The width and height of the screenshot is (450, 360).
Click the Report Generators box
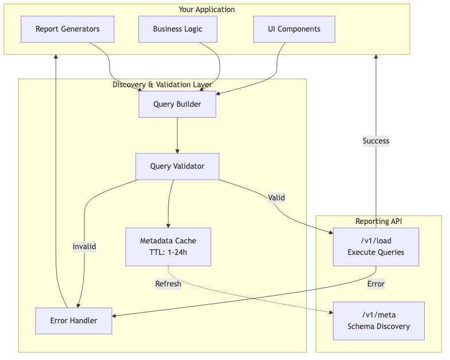pos(67,29)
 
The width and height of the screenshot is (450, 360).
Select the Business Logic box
pos(177,29)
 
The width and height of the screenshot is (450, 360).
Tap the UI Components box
pos(294,29)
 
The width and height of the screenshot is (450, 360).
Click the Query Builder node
pos(177,104)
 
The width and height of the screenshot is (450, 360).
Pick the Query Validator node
pos(177,167)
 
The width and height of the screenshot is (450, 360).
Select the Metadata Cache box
pos(168,246)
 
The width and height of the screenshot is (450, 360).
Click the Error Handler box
pos(73,320)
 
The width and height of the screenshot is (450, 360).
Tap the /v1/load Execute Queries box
pos(376,246)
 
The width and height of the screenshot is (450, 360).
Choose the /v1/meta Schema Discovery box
pos(378,320)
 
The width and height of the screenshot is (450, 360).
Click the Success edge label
pos(376,141)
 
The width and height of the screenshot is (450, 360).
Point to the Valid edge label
pos(276,198)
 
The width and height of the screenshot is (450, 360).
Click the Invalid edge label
pos(84,246)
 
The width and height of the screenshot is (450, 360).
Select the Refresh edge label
pos(168,284)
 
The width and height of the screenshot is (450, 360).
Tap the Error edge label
pos(376,284)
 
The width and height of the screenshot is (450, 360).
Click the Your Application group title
pos(207,9)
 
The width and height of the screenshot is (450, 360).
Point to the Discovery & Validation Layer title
pos(162,84)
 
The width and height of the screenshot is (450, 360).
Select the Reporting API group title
pos(378,221)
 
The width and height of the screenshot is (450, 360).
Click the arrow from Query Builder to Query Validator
pos(177,135)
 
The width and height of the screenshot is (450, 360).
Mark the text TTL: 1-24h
pos(168,252)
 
